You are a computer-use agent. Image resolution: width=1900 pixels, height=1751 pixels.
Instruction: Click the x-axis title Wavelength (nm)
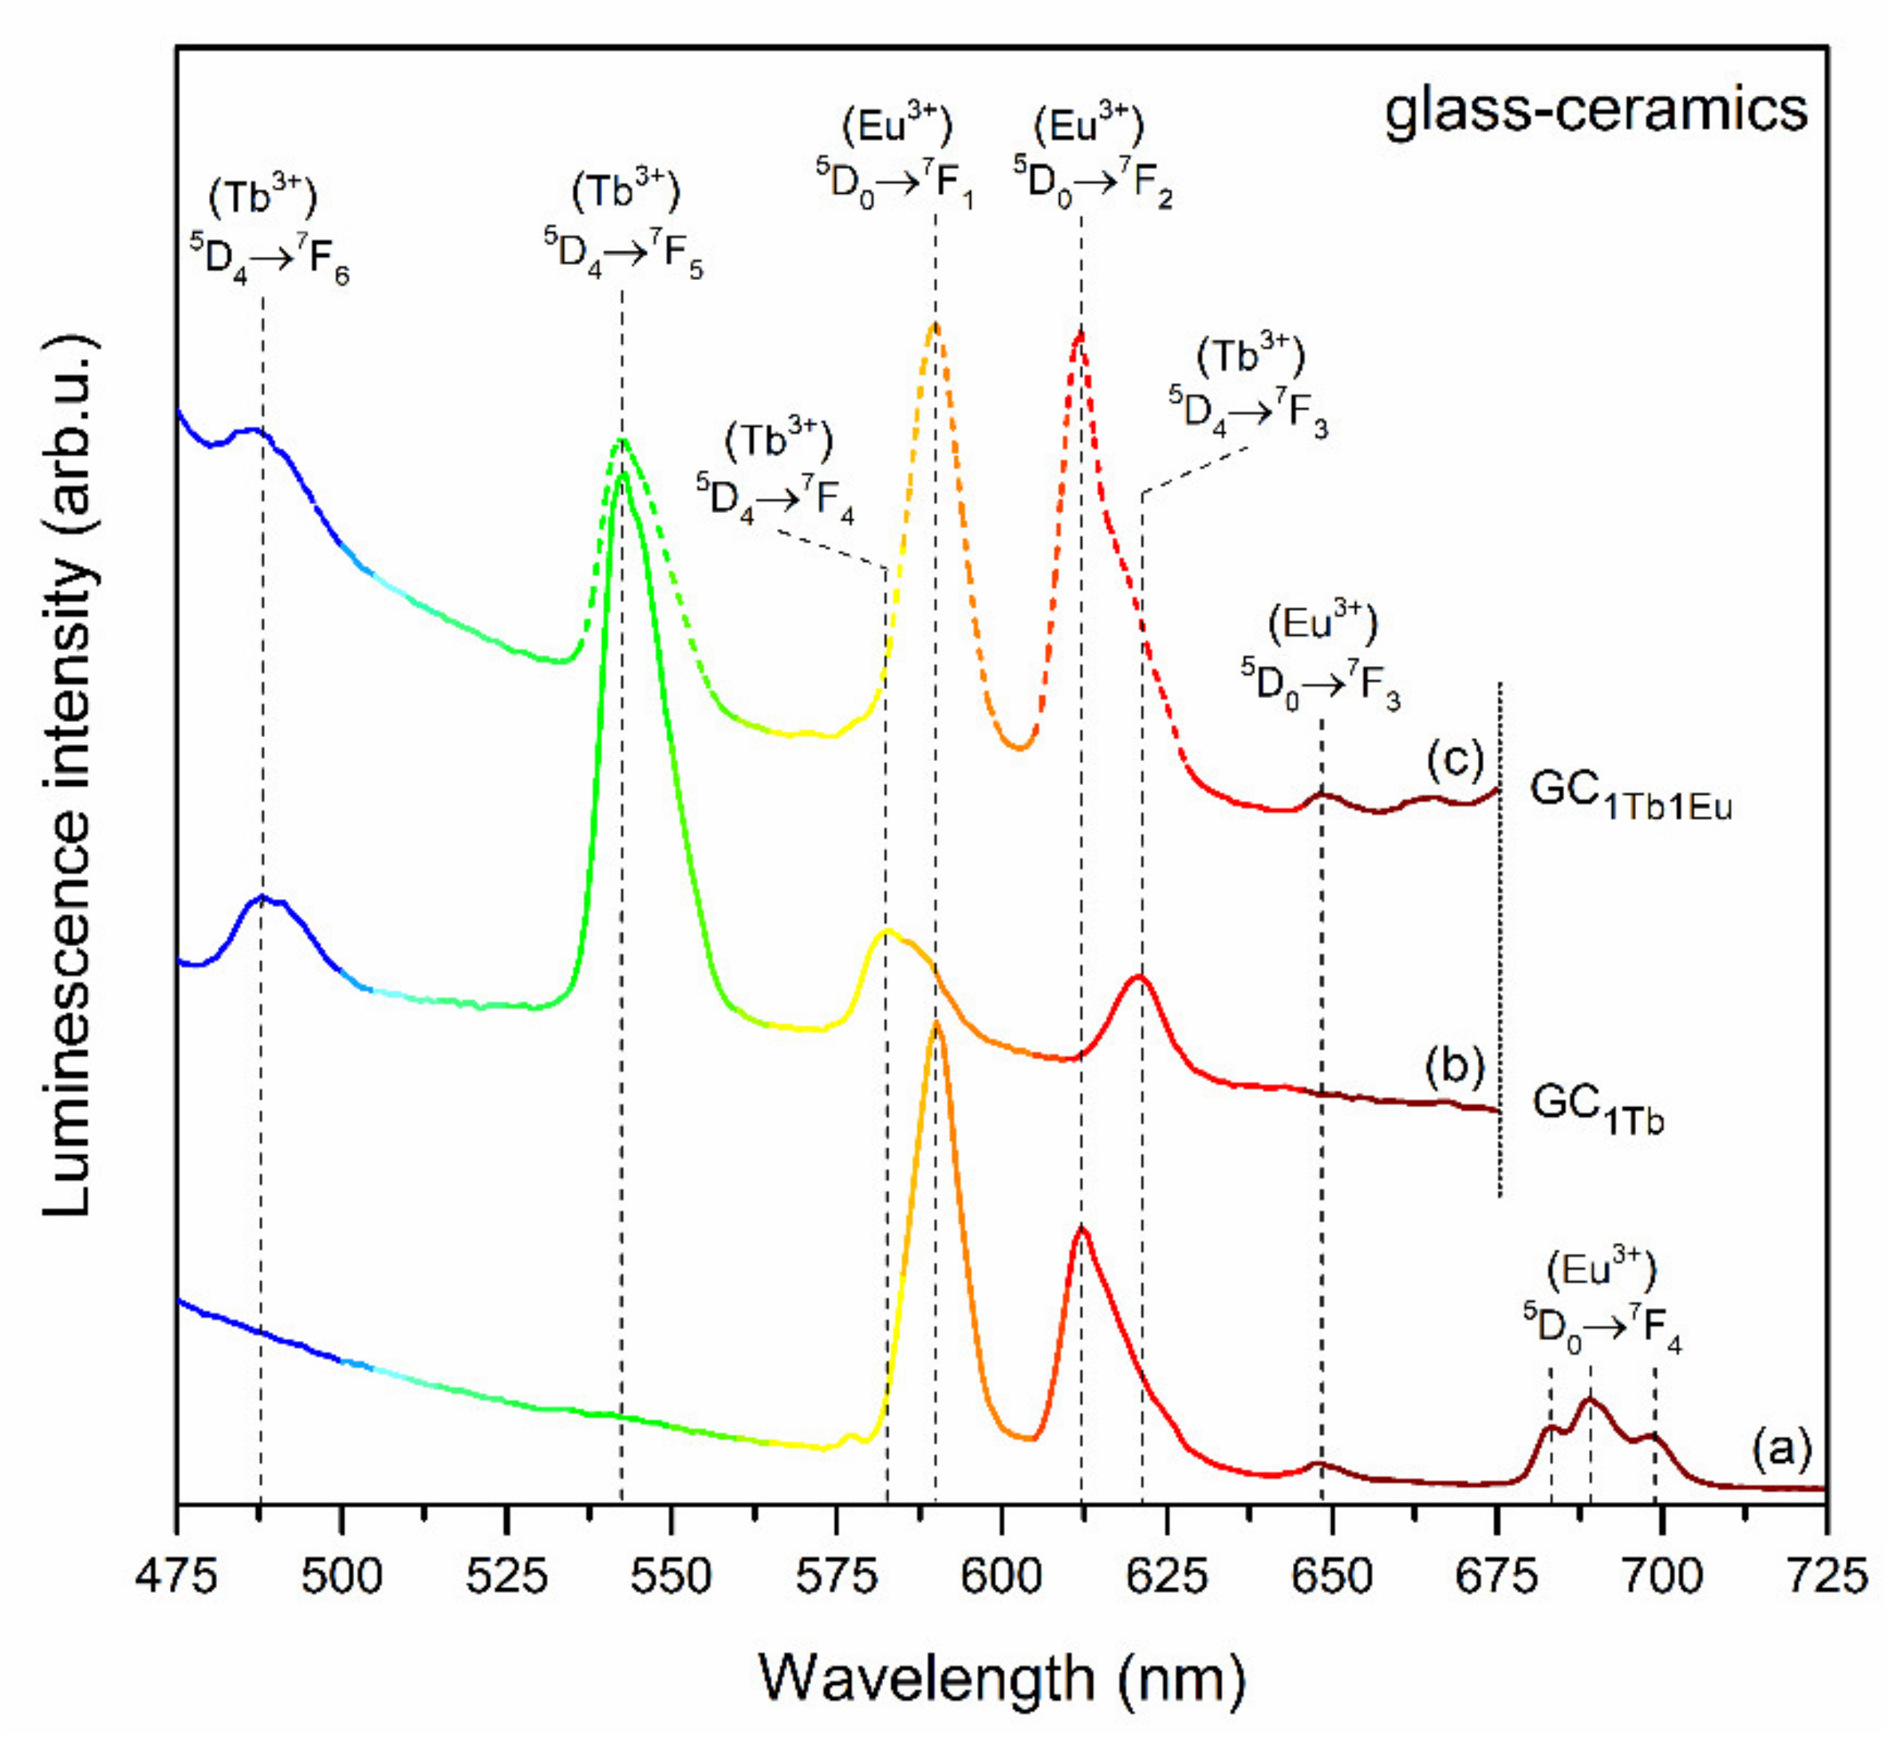coord(1002,1680)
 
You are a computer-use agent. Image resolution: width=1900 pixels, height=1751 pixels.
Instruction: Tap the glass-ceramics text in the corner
coord(1596,112)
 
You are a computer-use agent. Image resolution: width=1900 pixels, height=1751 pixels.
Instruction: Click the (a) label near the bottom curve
coord(1781,1449)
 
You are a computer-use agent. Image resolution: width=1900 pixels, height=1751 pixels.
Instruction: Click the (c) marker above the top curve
coord(1455,760)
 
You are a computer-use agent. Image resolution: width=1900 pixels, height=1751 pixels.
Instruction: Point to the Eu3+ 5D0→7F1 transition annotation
coord(896,156)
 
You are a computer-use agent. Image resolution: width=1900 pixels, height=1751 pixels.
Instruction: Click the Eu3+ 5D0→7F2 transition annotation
coord(1092,156)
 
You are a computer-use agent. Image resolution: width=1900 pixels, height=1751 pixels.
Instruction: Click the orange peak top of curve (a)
coord(936,1023)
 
